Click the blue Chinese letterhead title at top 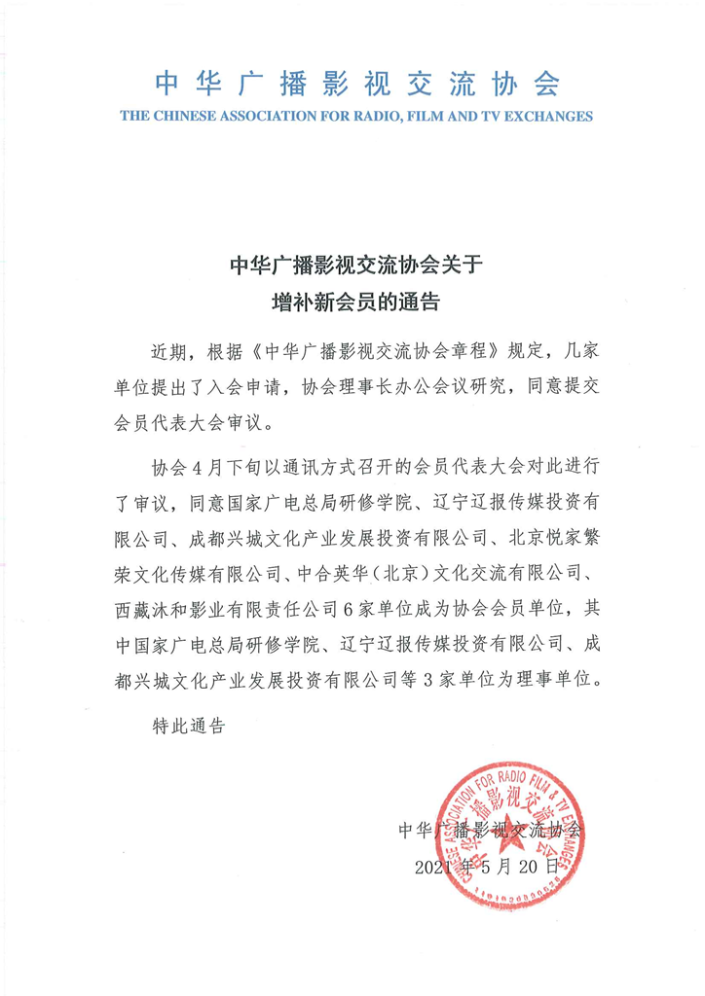pyautogui.click(x=352, y=85)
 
